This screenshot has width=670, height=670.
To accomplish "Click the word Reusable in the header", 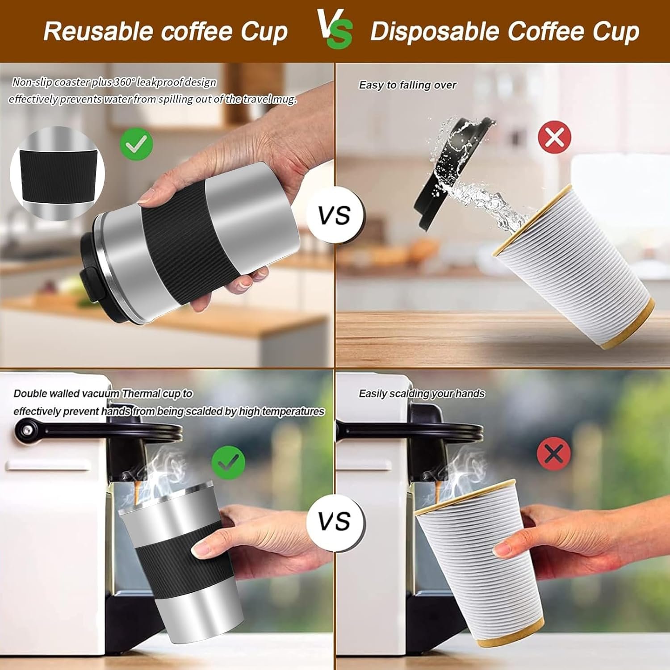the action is (x=98, y=31).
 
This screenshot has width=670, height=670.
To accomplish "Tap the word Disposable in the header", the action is (x=435, y=32).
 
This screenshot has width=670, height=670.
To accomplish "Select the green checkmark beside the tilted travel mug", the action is (x=136, y=143).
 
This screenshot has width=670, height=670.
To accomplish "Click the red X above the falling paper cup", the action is (x=554, y=137).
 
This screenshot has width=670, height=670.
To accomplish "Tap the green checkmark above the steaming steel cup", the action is (x=228, y=463).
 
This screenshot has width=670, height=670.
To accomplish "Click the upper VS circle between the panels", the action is (x=335, y=215).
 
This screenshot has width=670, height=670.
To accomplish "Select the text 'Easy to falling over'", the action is (x=407, y=85).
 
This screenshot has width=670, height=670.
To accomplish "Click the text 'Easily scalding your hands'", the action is (x=422, y=394).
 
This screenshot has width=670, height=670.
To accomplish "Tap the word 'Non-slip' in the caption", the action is (x=33, y=82).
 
